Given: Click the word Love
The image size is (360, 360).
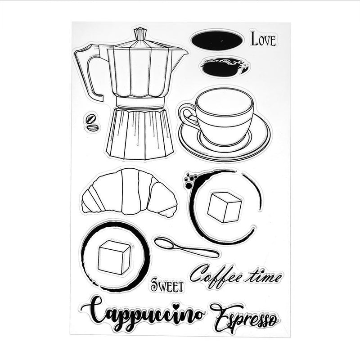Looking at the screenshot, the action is pos(263,39).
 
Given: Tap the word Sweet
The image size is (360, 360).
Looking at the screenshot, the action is pos(167,285).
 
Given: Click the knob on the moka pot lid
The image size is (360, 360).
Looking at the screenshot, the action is pos(140,34).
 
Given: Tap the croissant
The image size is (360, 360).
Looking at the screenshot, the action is pos(129,193).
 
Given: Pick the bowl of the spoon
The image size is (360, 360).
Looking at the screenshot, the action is pos(164,243).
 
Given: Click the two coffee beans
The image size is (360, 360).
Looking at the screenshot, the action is pos(92,122).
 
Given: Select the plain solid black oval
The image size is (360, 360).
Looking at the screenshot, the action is pos(216,40).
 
